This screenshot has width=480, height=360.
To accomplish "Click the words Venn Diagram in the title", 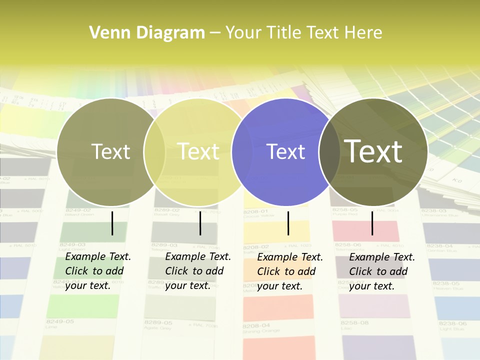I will click(x=147, y=33).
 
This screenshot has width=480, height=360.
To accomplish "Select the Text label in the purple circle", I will click(x=286, y=152).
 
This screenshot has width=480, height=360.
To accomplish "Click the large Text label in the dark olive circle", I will click(x=373, y=151).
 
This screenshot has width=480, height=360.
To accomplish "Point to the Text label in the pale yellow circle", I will click(x=198, y=151).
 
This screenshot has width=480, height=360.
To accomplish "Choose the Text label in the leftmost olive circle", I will click(x=111, y=151).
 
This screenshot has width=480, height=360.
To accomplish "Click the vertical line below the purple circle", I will click(x=288, y=223).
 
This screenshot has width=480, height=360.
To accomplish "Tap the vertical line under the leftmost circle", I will click(x=112, y=223).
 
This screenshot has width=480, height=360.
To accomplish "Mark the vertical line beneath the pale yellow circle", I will click(x=200, y=223).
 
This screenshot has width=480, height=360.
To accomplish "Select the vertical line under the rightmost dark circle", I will click(x=372, y=223).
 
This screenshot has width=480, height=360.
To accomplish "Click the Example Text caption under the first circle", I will click(x=98, y=271).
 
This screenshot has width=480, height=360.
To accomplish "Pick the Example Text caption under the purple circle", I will click(x=290, y=271).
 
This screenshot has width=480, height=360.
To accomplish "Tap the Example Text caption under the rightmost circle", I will click(x=382, y=271).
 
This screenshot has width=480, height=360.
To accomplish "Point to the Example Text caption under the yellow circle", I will click(x=198, y=271).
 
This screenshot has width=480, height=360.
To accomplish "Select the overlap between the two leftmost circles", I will click(x=154, y=152).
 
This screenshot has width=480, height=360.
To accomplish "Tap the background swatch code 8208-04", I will click(x=256, y=325).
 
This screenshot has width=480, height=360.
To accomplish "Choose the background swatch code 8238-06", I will click(x=452, y=323).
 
